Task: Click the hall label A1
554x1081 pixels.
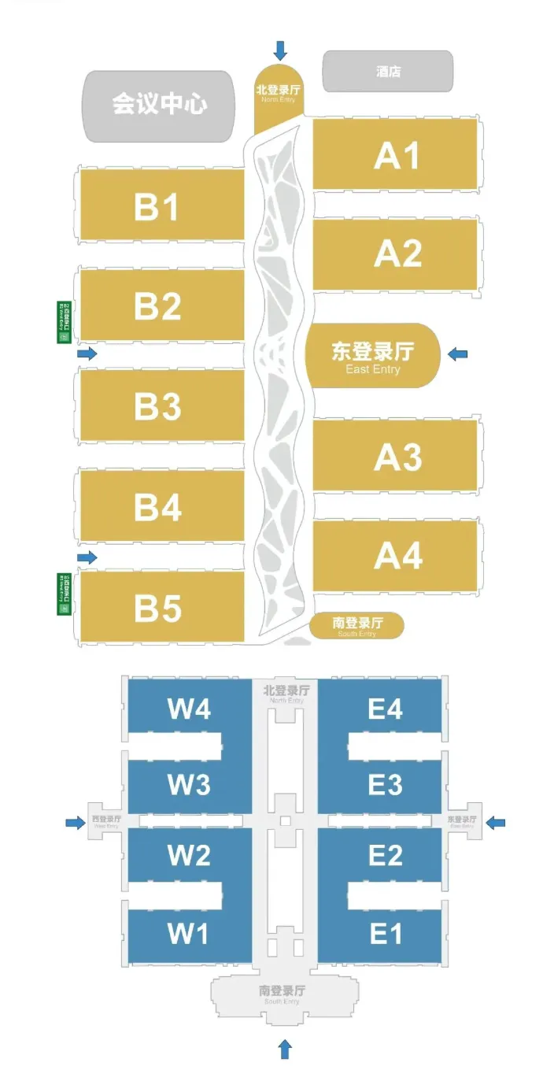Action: click(397, 155)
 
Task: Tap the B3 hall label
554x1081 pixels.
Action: click(157, 406)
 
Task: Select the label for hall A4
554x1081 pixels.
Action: click(397, 556)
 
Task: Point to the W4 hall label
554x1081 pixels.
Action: click(189, 709)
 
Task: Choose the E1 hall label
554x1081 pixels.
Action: click(385, 934)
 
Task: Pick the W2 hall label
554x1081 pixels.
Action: click(189, 855)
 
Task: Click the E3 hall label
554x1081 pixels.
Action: click(385, 785)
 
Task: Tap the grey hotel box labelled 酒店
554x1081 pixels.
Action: click(388, 72)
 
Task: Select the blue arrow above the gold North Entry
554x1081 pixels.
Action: click(281, 51)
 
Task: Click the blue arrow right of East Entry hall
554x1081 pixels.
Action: click(457, 354)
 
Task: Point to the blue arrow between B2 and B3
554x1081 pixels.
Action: click(87, 354)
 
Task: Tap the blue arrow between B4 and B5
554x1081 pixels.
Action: click(87, 557)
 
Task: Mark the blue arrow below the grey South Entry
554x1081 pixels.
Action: click(285, 1048)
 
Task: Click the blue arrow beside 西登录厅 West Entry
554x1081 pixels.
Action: click(75, 823)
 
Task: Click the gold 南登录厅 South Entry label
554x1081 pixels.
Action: click(357, 625)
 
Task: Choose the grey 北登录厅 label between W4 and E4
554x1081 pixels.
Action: click(286, 693)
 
